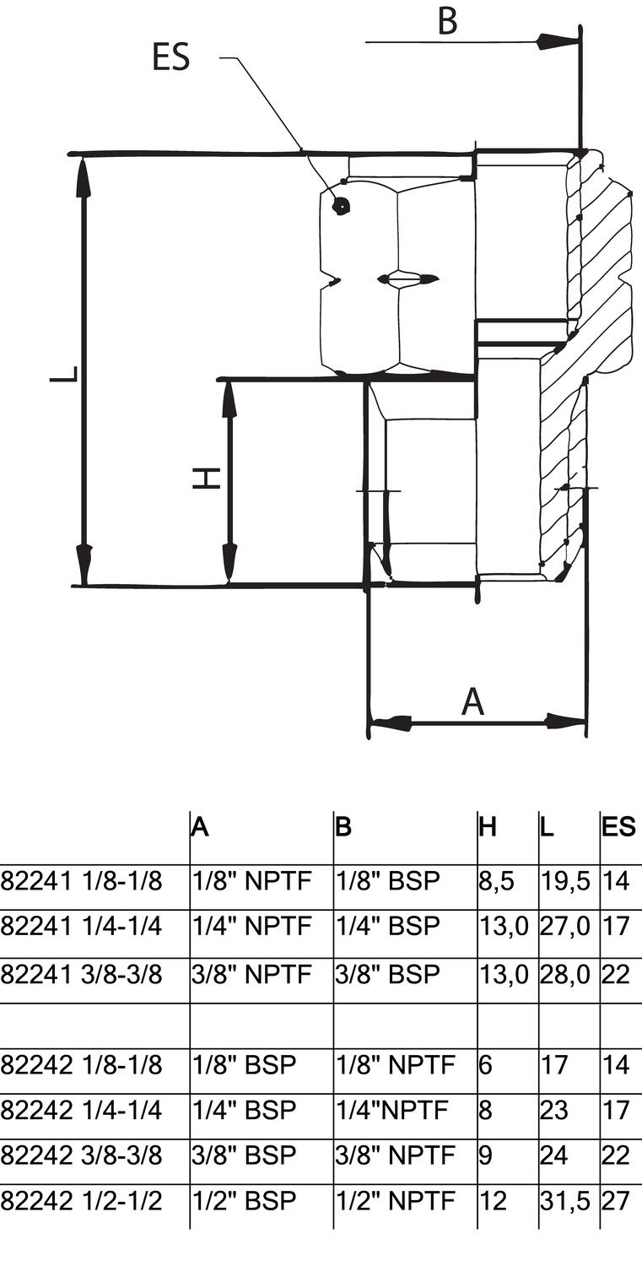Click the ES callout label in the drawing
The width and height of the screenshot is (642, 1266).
click(x=170, y=58)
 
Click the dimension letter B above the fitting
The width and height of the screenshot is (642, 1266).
click(x=447, y=22)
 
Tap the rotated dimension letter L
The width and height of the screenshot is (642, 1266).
click(x=64, y=373)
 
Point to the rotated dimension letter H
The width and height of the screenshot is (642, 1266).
click(x=207, y=479)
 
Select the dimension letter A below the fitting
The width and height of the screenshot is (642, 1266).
click(x=473, y=701)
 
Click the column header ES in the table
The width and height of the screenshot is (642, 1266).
click(x=618, y=827)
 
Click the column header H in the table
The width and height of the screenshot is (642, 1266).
click(x=488, y=827)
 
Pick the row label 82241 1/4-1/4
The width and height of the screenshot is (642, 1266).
click(x=81, y=927)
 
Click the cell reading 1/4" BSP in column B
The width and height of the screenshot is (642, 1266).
click(x=388, y=927)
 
